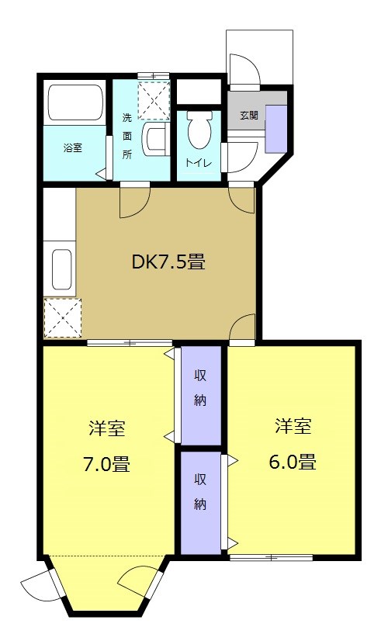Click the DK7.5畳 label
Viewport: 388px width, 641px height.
(168, 262)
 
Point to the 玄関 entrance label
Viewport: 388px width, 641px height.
(248, 115)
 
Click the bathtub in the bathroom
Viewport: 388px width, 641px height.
(76, 102)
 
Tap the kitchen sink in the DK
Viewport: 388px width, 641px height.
(61, 269)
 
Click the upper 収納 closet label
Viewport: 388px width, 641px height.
(200, 388)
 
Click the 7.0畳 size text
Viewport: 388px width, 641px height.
(106, 465)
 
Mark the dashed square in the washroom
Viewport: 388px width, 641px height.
(153, 99)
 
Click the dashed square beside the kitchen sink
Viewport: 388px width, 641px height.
(60, 317)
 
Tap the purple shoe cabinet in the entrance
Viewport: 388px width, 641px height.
(275, 126)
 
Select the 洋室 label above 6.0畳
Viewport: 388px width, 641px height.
(293, 426)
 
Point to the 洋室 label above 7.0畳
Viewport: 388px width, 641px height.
(107, 428)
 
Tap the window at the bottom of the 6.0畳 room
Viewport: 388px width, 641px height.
(272, 557)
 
